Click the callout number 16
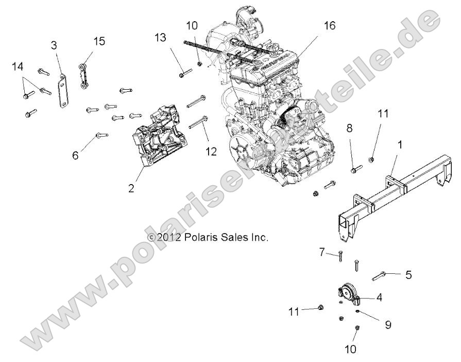(330, 25)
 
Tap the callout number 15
(99, 41)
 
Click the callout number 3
(54, 45)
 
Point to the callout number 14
(18, 66)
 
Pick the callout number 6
(75, 155)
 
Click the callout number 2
(131, 188)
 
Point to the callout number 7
(322, 252)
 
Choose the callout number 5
(408, 275)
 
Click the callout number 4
(379, 298)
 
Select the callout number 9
(388, 325)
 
